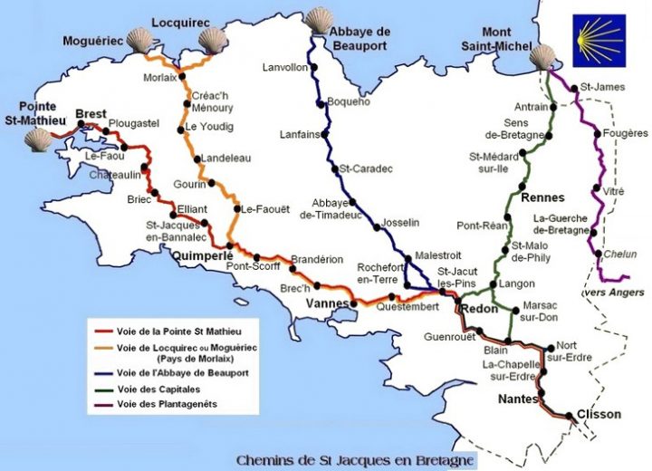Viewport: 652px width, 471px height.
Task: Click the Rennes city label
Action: tap(543, 197)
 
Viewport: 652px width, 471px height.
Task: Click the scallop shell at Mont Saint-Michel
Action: tap(544, 56)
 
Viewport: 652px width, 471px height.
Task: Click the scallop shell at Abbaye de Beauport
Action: tap(319, 19)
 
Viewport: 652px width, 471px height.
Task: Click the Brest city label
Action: tap(91, 113)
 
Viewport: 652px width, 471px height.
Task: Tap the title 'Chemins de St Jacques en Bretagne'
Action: tap(354, 460)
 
